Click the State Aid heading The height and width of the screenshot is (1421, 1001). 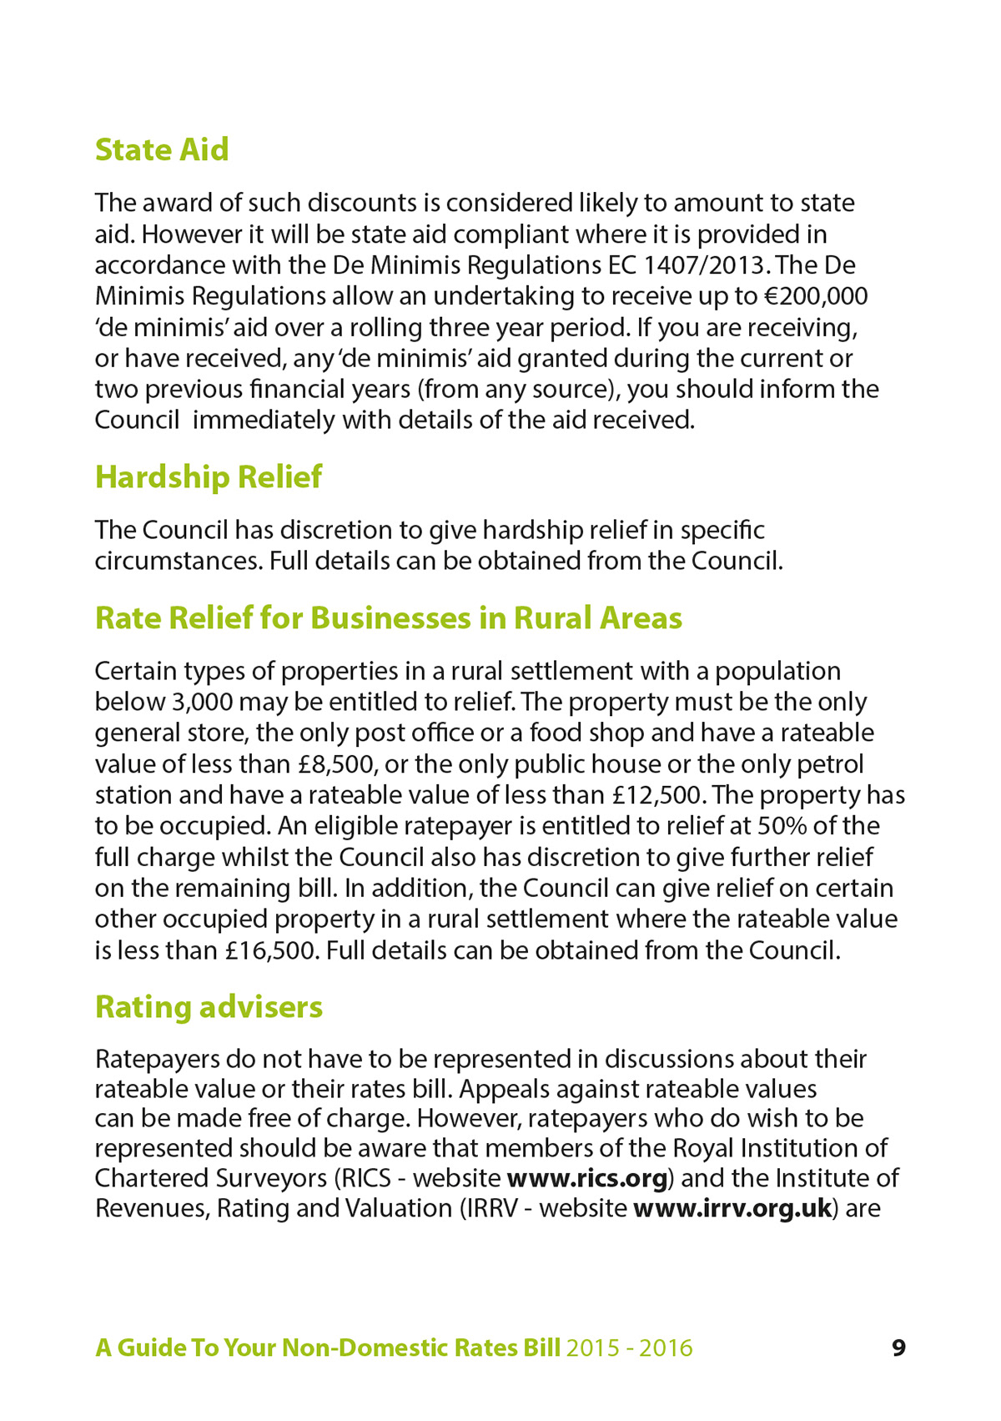(162, 150)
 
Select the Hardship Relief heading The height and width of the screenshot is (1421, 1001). (208, 477)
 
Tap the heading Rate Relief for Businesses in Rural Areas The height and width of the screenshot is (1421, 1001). (388, 618)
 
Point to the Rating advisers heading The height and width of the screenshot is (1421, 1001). (209, 1007)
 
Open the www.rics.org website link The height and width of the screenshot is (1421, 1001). (587, 1178)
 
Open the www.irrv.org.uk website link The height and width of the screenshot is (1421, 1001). (732, 1208)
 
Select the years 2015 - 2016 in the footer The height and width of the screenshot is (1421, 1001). (629, 1348)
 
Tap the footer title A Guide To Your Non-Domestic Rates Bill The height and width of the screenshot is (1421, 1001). (327, 1348)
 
